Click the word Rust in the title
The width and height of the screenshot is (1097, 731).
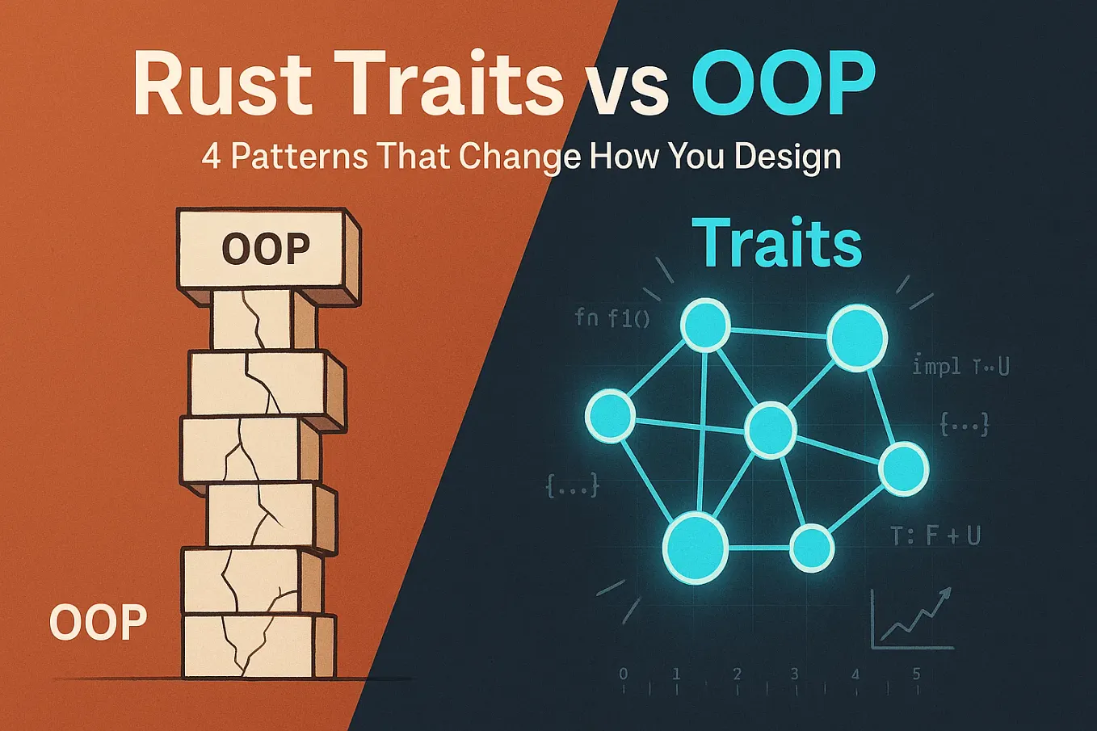[x=222, y=83]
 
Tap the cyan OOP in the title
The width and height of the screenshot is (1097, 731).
[x=783, y=83]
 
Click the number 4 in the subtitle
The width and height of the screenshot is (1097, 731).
[x=211, y=156]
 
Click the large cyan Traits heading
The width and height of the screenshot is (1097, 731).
[x=776, y=242]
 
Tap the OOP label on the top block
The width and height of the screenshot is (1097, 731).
[x=266, y=249]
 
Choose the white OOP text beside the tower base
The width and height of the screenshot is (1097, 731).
[x=98, y=623]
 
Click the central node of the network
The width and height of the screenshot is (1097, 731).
[x=770, y=431]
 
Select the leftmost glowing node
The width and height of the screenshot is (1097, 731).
[x=611, y=415]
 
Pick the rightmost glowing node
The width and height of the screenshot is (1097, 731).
[x=903, y=468]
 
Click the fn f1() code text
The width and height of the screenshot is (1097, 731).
[x=612, y=317]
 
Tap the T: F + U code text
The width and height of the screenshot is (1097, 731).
[x=935, y=535]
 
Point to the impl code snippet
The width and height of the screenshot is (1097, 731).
[x=960, y=366]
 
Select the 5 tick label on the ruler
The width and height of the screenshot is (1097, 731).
[x=916, y=674]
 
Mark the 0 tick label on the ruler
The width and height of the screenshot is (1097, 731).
[x=623, y=674]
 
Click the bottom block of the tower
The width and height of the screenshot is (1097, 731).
[x=258, y=646]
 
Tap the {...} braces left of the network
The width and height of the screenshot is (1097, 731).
[x=573, y=485]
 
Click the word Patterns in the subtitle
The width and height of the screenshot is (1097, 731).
[x=298, y=156]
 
